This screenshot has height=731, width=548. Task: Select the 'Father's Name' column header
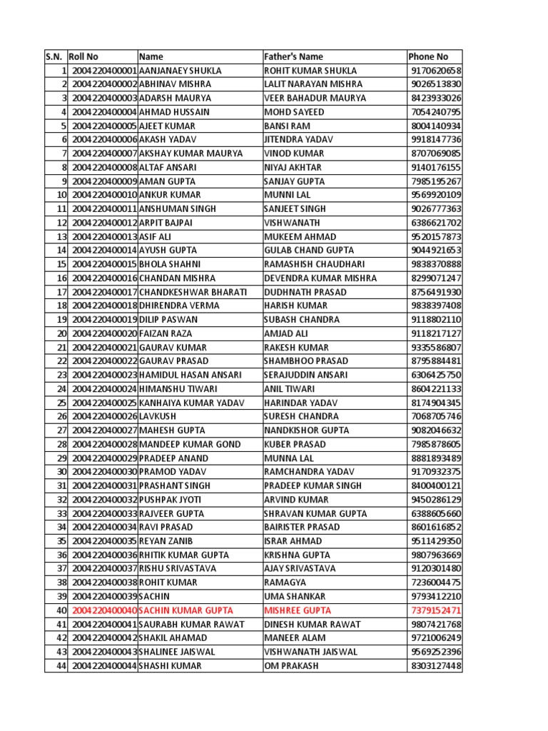point(293,56)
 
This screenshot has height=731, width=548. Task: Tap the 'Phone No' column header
point(428,56)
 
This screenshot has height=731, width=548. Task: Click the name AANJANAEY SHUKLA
point(180,71)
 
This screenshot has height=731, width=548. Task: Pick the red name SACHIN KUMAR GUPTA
point(187,610)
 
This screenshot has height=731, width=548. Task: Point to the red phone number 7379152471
point(436,610)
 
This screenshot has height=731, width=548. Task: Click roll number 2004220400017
point(104,292)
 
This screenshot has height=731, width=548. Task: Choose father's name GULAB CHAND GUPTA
point(308,251)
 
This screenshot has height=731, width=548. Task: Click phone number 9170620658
point(436,71)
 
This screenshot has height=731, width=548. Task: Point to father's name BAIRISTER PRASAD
point(303,528)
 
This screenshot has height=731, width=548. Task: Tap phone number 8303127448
point(436,666)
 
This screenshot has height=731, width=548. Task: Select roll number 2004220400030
point(104,472)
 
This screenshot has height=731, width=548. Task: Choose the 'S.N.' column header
point(55,56)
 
